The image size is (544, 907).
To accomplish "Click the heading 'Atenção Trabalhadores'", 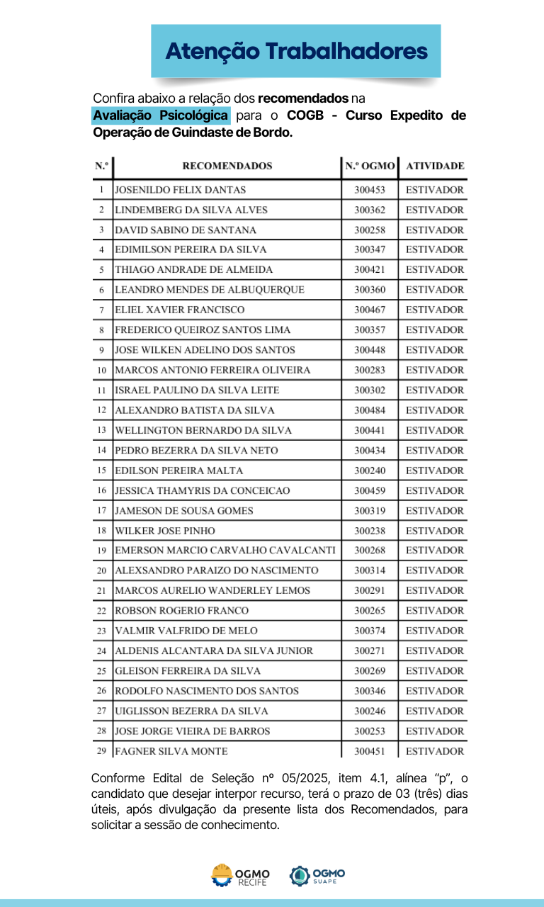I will click(x=296, y=51).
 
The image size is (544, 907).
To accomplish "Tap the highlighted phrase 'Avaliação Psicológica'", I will click(x=161, y=115).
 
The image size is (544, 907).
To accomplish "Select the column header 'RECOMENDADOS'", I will click(x=227, y=166).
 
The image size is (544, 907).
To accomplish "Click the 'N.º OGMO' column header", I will click(x=370, y=166).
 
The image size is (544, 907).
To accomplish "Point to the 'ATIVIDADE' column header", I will click(x=434, y=166).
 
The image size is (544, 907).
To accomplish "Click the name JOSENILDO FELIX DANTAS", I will click(x=181, y=190).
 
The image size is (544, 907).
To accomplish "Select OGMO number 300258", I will click(x=370, y=230).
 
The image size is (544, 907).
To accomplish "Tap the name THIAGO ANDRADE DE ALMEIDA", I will click(x=183, y=270).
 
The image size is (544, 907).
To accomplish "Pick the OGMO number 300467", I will click(x=370, y=310).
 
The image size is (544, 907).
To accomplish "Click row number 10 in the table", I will click(x=102, y=370).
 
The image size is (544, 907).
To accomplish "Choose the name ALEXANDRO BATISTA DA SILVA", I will click(x=195, y=410).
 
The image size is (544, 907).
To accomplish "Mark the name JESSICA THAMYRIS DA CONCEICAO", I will click(x=202, y=490).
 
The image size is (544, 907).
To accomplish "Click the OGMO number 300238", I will click(x=370, y=531).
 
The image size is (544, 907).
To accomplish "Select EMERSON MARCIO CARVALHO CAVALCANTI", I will click(x=225, y=551).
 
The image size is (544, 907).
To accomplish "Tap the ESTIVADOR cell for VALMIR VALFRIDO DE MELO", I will click(x=434, y=631).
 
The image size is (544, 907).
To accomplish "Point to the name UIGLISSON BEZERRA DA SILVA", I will click(x=191, y=711).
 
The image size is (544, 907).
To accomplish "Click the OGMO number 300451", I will click(x=370, y=752).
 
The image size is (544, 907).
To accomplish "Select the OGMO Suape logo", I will click(x=317, y=876).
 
